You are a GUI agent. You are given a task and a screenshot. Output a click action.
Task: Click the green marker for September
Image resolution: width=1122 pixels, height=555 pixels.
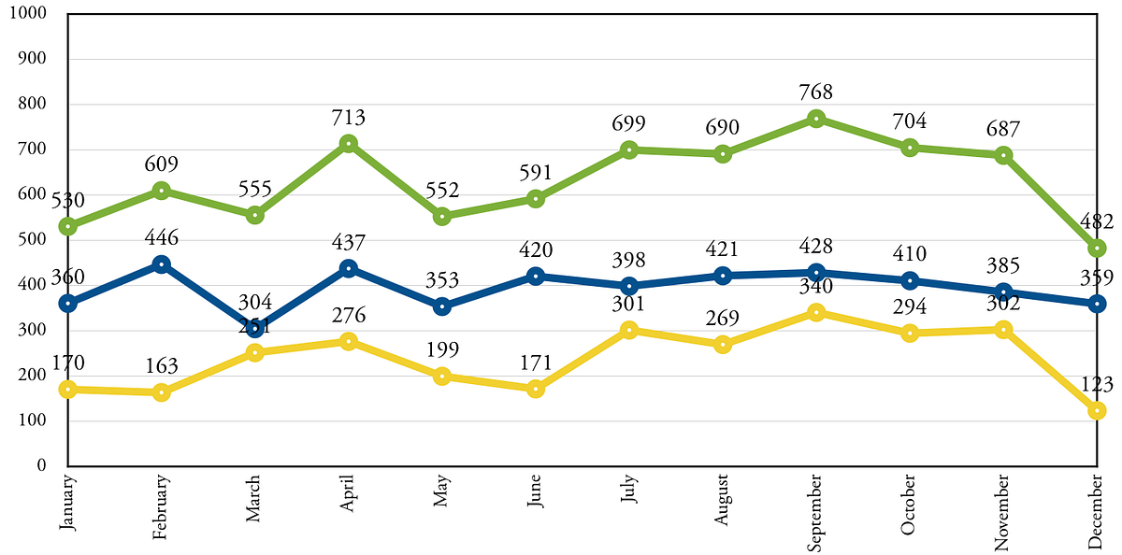[815, 119]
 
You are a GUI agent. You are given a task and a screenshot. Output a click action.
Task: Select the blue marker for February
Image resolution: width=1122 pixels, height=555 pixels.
[161, 264]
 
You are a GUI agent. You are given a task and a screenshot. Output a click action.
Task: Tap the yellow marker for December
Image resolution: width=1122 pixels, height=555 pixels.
[1096, 410]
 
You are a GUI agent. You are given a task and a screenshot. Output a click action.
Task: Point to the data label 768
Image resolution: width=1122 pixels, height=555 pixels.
[815, 93]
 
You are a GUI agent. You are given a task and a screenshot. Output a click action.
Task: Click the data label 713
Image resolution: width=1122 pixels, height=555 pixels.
[348, 118]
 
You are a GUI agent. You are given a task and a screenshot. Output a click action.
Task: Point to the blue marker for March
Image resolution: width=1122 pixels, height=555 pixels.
[254, 329]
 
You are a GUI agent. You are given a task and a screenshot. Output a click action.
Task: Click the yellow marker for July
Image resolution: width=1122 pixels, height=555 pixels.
[628, 330]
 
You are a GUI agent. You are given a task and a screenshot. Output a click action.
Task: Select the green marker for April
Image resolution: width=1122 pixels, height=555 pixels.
[348, 144]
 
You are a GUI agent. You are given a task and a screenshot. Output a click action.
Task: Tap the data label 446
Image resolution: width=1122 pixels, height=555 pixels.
[161, 238]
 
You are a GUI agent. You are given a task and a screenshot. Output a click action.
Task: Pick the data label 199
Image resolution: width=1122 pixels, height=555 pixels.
[441, 350]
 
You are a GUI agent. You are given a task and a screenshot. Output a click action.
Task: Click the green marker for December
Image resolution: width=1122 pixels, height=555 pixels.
[1096, 249]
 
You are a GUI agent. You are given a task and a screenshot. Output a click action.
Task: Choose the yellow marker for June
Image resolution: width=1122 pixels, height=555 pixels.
[535, 389]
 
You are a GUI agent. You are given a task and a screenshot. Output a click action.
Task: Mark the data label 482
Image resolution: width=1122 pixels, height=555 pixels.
[1096, 222]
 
